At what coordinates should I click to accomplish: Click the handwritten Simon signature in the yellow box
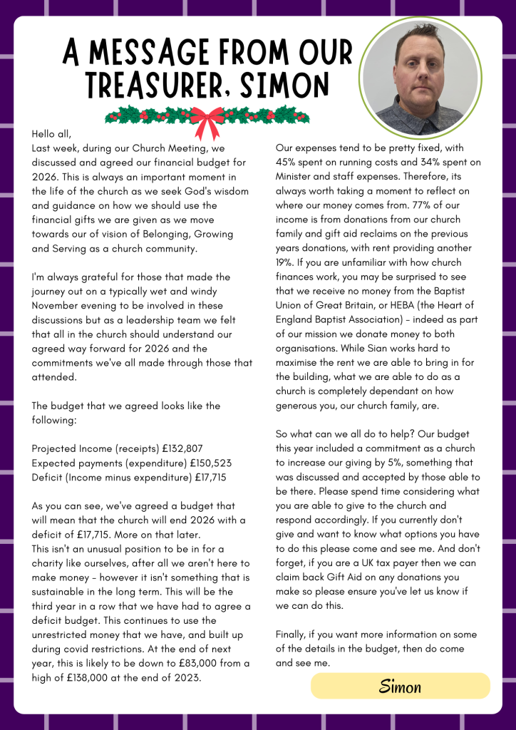pos(400,687)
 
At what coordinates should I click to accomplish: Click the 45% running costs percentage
pos(287,163)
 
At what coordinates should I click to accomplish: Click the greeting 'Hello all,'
pos(52,133)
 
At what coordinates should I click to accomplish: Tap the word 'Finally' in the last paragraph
pos(293,634)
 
